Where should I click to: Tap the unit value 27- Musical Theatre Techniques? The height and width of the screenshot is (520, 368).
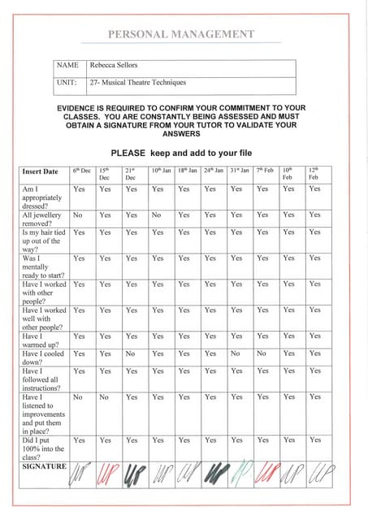[x=138, y=82]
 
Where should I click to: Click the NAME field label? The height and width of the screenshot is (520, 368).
[x=67, y=65]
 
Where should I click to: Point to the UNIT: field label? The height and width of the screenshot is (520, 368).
[x=67, y=82]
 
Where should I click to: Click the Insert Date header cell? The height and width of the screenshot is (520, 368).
[x=41, y=171]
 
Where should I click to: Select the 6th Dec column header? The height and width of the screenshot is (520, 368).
[x=80, y=171]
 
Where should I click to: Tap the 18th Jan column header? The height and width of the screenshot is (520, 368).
[x=187, y=171]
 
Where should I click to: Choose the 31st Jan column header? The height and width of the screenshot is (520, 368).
[x=239, y=171]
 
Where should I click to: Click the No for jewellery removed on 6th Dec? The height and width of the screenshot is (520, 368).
[x=78, y=215]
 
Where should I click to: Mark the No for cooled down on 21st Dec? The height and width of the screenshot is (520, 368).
[x=130, y=353]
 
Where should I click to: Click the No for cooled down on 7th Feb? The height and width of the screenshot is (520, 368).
[x=262, y=353]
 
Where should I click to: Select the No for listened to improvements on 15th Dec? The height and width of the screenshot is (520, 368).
[x=104, y=397]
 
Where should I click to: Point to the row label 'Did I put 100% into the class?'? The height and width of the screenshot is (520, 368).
[x=41, y=448]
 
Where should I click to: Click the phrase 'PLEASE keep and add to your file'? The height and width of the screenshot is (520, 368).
[x=181, y=152]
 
